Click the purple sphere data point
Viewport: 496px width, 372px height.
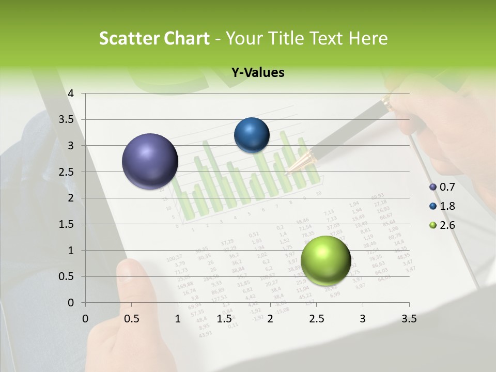tap(150, 161)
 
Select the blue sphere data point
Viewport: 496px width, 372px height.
tap(252, 135)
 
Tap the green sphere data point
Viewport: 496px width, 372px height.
tap(326, 260)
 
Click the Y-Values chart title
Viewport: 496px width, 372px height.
tap(257, 73)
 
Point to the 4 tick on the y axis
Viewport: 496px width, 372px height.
tap(71, 94)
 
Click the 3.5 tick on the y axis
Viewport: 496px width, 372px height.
tap(66, 119)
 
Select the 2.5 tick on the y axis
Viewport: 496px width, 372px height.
tap(66, 172)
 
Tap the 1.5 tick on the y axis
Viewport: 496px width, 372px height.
tap(66, 224)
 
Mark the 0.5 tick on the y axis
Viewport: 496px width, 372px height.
tap(66, 276)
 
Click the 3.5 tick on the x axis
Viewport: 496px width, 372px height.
tap(409, 319)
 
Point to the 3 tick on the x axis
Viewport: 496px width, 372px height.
tap(362, 319)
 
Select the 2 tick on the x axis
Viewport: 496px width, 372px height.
tap(270, 319)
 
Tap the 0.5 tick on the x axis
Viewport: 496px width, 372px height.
tap(132, 319)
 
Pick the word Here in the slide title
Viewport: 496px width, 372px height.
tap(367, 39)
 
